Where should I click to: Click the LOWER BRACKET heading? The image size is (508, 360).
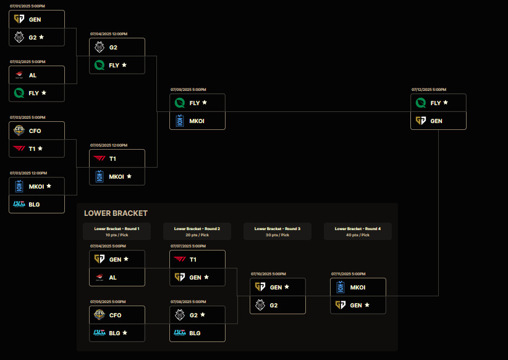pyautogui.click(x=116, y=213)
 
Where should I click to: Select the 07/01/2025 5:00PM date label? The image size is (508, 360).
pyautogui.click(x=27, y=6)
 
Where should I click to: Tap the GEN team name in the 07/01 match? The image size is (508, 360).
pyautogui.click(x=35, y=20)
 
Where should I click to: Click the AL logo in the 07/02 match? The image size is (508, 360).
pyautogui.click(x=19, y=75)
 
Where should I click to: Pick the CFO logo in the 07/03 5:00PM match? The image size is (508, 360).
pyautogui.click(x=19, y=130)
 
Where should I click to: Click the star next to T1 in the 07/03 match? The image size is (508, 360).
pyautogui.click(x=41, y=148)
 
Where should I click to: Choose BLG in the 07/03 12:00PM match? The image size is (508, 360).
pyautogui.click(x=34, y=204)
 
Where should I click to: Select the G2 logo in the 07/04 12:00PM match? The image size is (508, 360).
pyautogui.click(x=99, y=47)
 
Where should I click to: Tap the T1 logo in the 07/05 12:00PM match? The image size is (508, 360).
pyautogui.click(x=99, y=158)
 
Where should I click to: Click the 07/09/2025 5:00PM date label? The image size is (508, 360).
pyautogui.click(x=188, y=90)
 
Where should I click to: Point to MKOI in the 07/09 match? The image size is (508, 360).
pyautogui.click(x=197, y=121)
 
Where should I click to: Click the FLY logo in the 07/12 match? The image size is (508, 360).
pyautogui.click(x=420, y=103)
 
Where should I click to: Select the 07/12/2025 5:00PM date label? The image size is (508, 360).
pyautogui.click(x=429, y=90)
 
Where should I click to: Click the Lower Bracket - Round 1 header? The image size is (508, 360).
pyautogui.click(x=117, y=228)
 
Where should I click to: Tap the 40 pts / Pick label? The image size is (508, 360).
pyautogui.click(x=358, y=235)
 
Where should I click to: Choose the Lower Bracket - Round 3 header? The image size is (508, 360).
pyautogui.click(x=277, y=228)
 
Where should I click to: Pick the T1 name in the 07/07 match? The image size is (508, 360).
pyautogui.click(x=193, y=259)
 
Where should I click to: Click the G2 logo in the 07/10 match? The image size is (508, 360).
pyautogui.click(x=260, y=305)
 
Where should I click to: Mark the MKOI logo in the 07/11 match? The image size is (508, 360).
pyautogui.click(x=340, y=287)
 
